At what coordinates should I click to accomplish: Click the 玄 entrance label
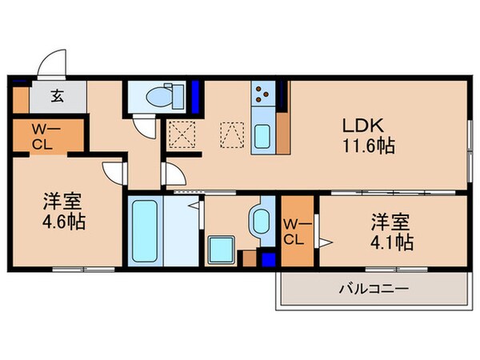click(x=58, y=98)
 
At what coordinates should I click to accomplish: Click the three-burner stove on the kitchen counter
click(x=262, y=97)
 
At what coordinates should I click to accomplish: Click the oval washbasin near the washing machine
click(x=260, y=220)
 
